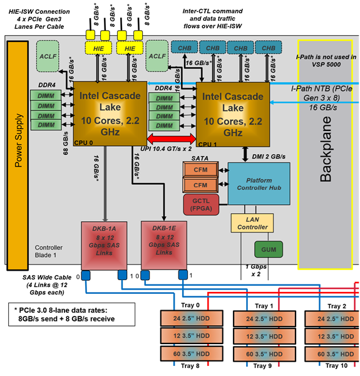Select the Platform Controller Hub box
pyautogui.click(x=259, y=183)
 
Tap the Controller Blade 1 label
pyautogui.click(x=49, y=252)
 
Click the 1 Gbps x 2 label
pyautogui.click(x=255, y=270)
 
